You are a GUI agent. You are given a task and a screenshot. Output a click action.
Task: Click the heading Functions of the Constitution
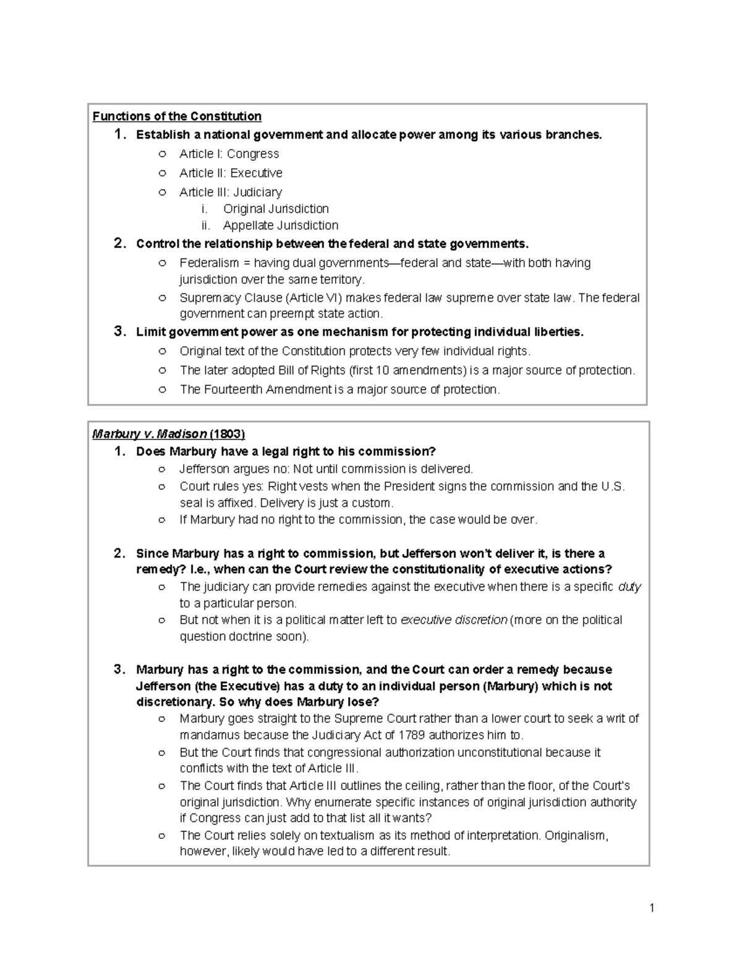tap(177, 116)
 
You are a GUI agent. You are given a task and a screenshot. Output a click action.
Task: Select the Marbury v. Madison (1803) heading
tap(168, 434)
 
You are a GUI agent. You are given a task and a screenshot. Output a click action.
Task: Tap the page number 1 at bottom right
tap(651, 908)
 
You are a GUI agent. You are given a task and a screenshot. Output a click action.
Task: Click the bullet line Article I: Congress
tap(229, 154)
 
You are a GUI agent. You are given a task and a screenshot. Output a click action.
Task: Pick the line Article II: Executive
tap(231, 173)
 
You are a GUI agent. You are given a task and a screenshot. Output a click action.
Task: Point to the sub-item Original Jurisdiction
tap(276, 209)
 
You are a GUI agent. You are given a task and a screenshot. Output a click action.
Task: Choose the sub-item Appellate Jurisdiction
tap(280, 226)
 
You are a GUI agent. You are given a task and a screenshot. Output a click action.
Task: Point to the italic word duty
tap(629, 587)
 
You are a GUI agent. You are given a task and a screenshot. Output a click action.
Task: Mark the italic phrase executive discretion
tap(454, 620)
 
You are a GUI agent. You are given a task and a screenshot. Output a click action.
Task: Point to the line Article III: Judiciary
tap(231, 192)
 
